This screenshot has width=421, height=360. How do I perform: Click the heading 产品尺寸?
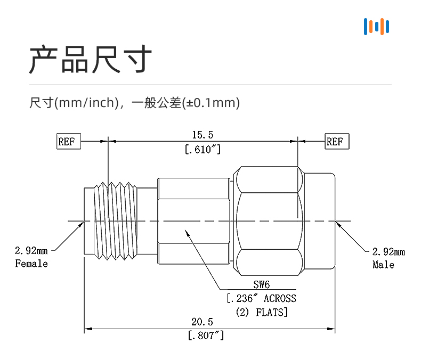91,59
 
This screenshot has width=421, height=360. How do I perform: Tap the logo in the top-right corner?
376,27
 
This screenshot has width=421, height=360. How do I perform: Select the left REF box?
68,142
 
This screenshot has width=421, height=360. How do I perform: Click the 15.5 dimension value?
203,135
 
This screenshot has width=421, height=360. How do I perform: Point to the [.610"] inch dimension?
203,150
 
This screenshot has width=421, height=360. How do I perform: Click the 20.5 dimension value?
203,322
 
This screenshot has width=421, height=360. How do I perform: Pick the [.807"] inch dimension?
206,336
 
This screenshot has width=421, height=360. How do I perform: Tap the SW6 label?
262,285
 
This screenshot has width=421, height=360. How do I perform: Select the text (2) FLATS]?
261,312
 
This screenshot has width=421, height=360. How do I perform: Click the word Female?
31,264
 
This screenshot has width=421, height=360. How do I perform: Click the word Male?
384,265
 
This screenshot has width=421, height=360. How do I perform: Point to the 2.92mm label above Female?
31,250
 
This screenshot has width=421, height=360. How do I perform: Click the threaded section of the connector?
115,221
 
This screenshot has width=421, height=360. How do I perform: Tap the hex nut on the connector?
269,221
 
